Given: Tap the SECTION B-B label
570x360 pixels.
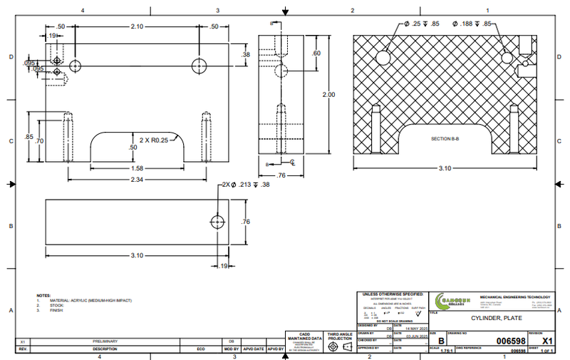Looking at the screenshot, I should point(446,138).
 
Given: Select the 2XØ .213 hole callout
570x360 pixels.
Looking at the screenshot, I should point(246,185).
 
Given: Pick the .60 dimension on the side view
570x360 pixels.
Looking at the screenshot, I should point(317,53).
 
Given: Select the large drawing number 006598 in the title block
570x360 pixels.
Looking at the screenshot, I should point(510,341).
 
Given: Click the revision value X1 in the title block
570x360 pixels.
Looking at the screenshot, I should point(547,341).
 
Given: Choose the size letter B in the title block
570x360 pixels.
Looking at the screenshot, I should point(440,341).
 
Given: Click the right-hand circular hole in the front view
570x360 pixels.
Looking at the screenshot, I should point(199,66).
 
